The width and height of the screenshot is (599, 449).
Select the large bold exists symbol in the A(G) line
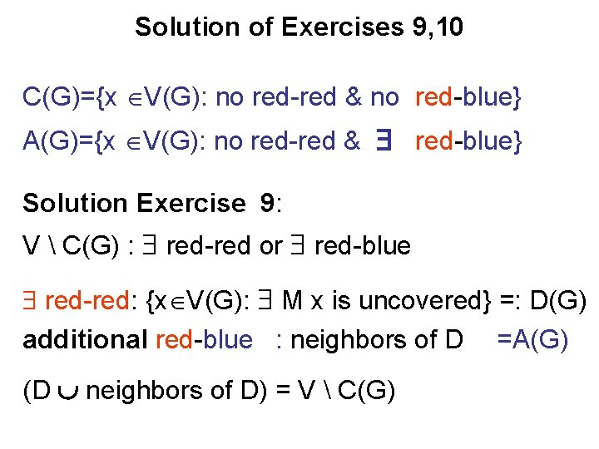pyautogui.click(x=384, y=141)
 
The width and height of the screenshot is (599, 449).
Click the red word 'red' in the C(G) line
pyautogui.click(x=433, y=98)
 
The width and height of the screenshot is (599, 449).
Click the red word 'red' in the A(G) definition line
pyautogui.click(x=433, y=141)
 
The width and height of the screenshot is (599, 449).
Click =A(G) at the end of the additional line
pyautogui.click(x=532, y=339)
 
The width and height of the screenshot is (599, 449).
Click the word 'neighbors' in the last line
pyautogui.click(x=137, y=390)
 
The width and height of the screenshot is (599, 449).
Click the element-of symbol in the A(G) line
pyautogui.click(x=133, y=142)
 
